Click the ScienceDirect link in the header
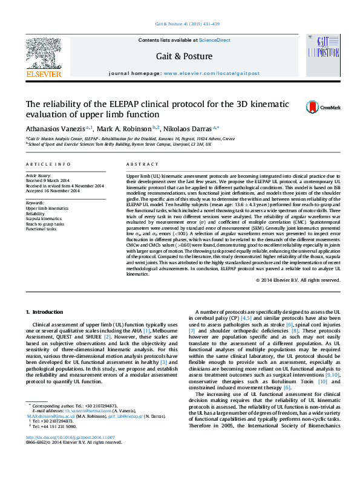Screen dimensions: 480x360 click(x=215, y=40)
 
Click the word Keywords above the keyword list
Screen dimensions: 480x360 click(x=35, y=203)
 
